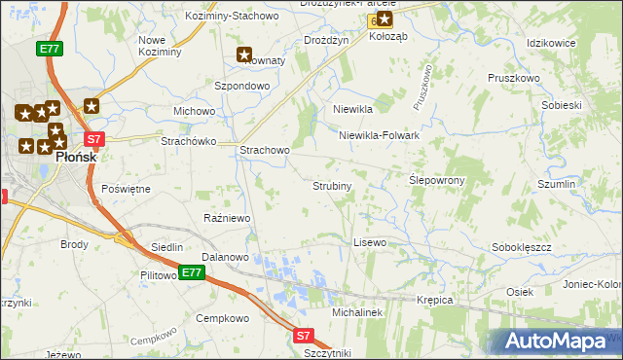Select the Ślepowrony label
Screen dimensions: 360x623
click(437, 180)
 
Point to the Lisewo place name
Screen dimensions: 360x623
click(370, 241)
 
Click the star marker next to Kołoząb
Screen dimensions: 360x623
click(385, 19)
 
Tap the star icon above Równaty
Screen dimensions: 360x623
click(244, 55)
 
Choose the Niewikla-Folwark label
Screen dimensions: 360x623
click(379, 136)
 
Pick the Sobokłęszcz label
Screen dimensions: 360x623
click(522, 247)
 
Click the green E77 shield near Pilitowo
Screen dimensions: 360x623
click(192, 273)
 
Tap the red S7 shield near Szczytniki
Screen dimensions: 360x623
click(303, 336)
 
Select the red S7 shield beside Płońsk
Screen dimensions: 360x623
click(93, 139)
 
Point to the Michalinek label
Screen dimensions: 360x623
click(356, 312)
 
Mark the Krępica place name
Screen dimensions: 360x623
click(435, 300)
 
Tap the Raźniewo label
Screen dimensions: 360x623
click(227, 218)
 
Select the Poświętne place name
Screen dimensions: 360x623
click(126, 189)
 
